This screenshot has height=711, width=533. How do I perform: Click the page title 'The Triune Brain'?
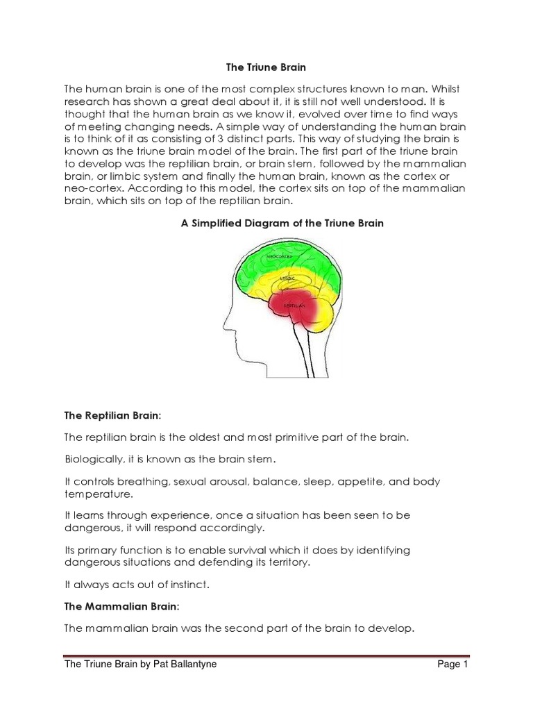point(266,67)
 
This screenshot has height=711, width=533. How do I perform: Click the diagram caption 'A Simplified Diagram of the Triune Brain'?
point(277,224)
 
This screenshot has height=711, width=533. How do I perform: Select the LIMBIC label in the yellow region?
point(287,278)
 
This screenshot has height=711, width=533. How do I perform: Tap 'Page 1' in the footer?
point(453,664)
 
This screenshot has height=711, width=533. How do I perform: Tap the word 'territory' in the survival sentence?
point(284,562)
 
